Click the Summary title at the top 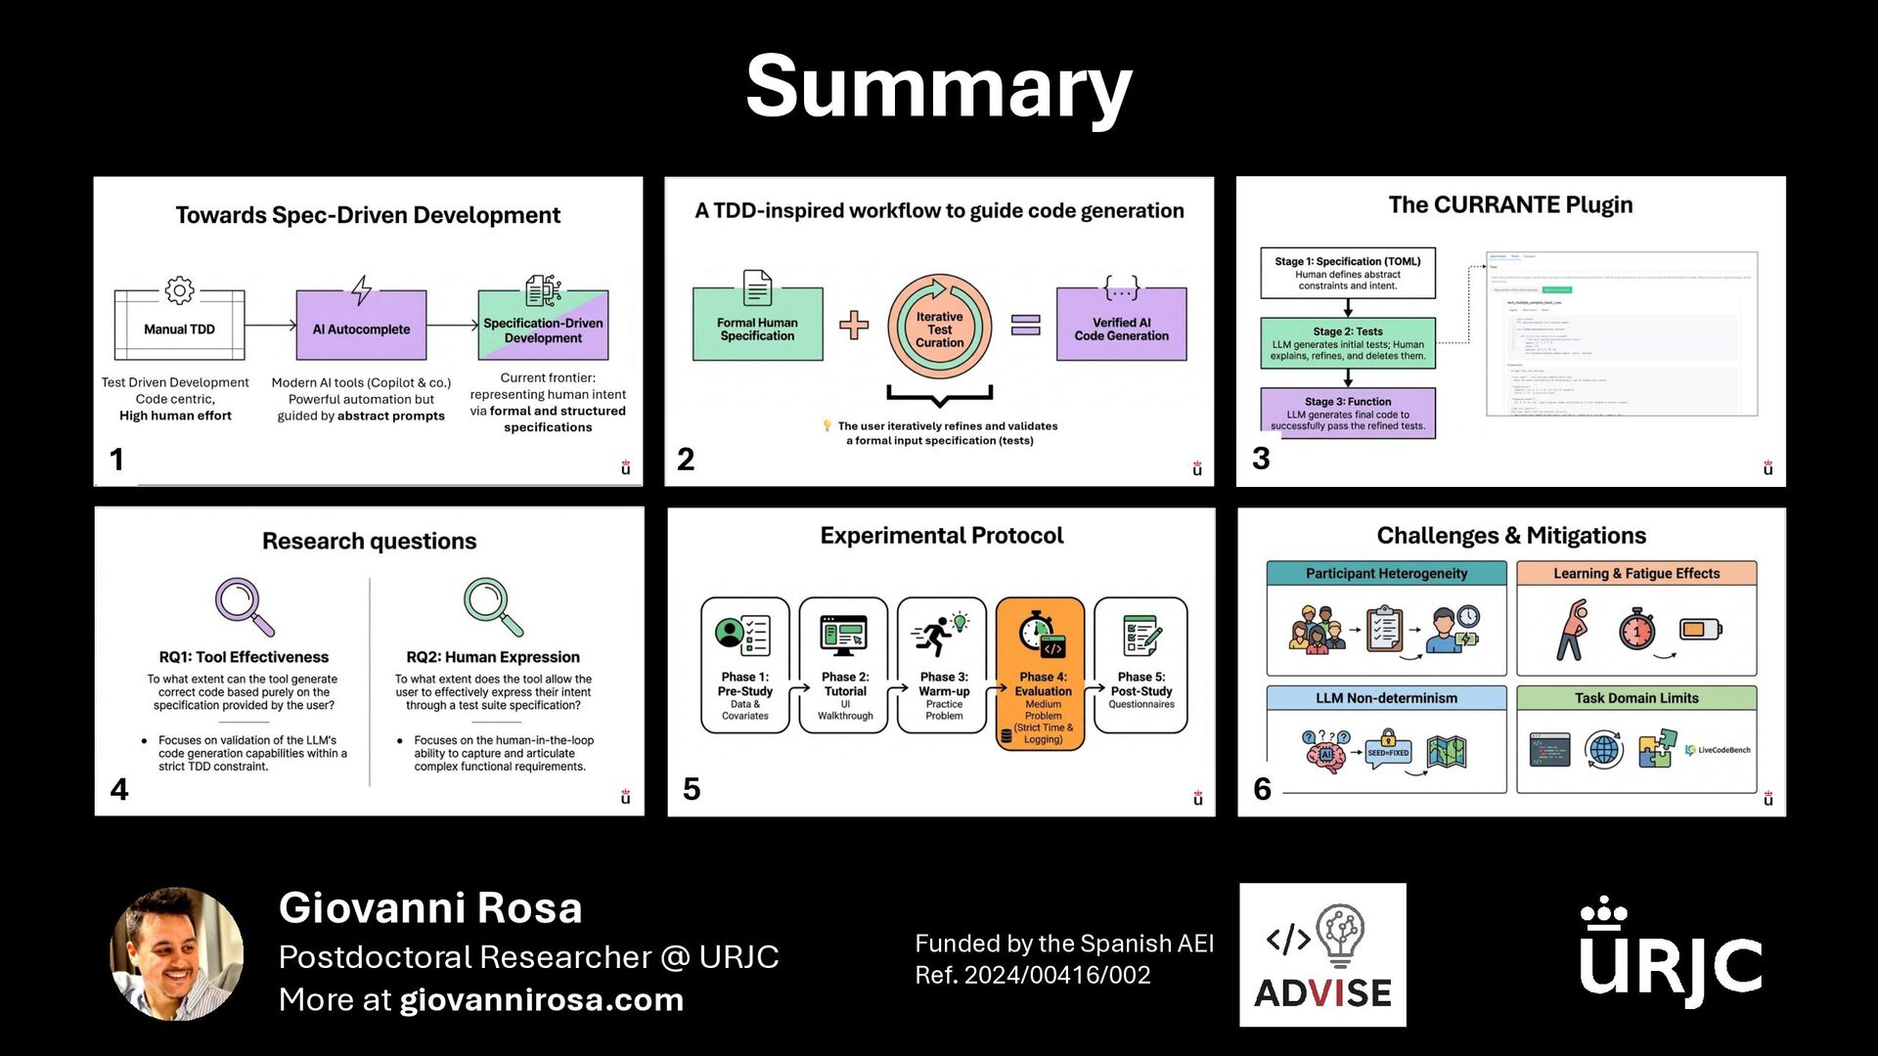[938, 88]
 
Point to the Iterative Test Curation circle [939, 328]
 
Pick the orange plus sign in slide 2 [853, 325]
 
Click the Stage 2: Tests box [1347, 343]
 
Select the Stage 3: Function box [1347, 413]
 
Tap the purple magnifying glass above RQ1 [243, 606]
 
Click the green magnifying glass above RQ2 [492, 606]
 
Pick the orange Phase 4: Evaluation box [1041, 675]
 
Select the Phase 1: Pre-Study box [744, 666]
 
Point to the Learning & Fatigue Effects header [1635, 574]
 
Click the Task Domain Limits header [1635, 698]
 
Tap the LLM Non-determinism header [1386, 698]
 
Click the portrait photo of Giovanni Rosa [177, 953]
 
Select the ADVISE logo [1322, 955]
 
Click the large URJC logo [1670, 953]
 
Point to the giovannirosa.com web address [541, 1000]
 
